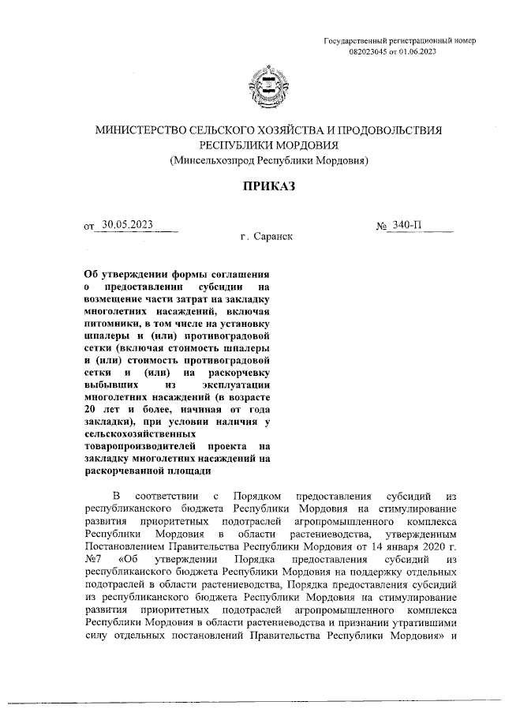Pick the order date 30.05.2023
click(x=127, y=224)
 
